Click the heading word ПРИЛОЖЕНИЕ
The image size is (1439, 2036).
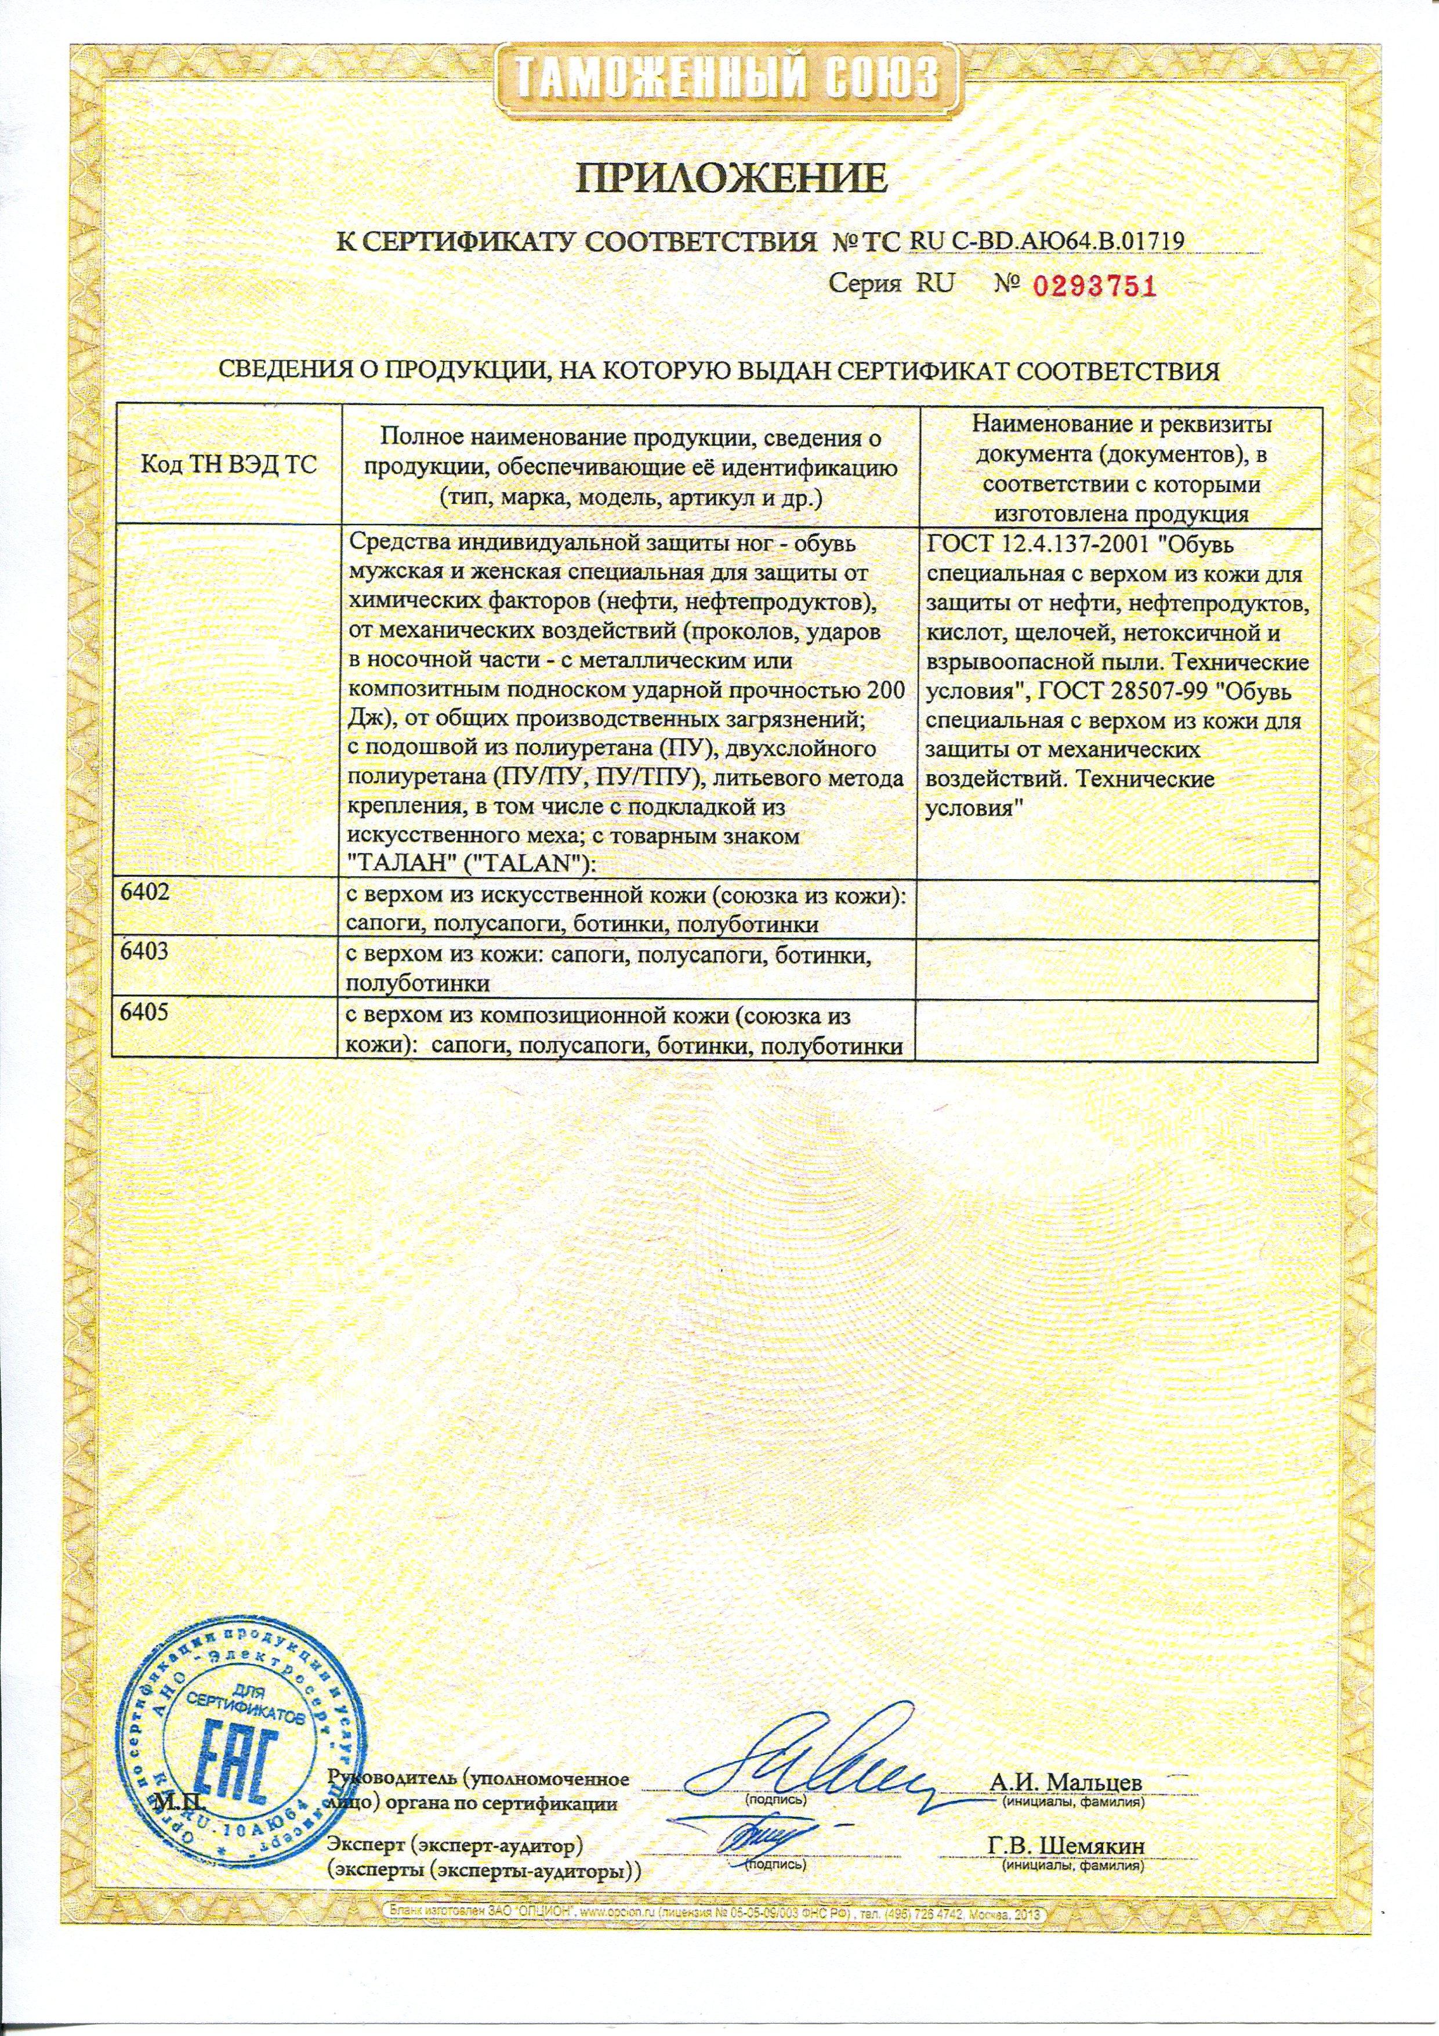pyautogui.click(x=733, y=178)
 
